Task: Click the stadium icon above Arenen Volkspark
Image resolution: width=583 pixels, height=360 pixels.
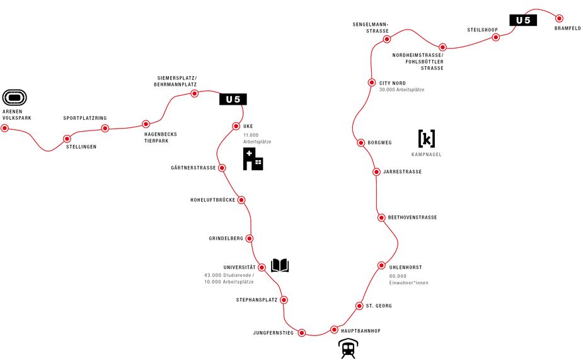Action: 14,98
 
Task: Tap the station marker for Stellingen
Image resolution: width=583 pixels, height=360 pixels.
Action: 67,139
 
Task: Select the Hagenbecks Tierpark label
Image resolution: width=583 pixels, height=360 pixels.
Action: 161,137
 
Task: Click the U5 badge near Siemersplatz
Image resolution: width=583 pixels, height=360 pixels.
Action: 233,99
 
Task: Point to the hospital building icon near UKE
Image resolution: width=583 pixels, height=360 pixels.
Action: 253,159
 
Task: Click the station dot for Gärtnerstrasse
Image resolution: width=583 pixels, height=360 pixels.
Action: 222,168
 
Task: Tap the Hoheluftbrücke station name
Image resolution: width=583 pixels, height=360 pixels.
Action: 212,200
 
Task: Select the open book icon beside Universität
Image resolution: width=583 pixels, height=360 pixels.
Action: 280,265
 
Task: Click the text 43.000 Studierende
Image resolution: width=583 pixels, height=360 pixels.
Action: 229,276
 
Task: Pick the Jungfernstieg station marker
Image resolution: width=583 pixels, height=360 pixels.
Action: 302,333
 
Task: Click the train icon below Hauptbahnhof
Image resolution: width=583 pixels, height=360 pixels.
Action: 349,349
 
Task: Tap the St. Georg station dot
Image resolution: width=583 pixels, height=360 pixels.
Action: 359,306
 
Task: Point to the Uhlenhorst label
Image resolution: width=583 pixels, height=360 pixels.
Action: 406,267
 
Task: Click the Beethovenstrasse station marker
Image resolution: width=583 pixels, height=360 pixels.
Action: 381,218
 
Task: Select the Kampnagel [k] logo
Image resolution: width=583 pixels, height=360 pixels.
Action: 427,139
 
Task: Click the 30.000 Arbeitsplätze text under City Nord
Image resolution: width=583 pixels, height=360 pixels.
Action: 401,90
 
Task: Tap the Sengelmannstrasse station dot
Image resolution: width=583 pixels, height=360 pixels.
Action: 387,39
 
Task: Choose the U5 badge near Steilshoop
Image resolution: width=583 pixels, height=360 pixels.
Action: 523,20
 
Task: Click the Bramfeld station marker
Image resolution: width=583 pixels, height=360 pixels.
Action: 559,18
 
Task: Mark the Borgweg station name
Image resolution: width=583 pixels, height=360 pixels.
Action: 379,143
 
